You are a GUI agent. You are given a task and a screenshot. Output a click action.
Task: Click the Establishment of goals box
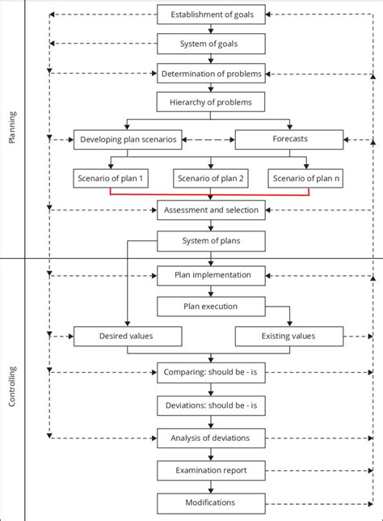(x=210, y=15)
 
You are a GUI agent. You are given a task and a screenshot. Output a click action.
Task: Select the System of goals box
(x=210, y=44)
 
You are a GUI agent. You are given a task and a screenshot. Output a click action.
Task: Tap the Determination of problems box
(x=210, y=74)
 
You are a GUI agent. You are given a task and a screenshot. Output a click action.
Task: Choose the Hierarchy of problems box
(x=210, y=103)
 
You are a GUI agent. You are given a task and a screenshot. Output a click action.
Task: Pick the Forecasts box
(x=288, y=139)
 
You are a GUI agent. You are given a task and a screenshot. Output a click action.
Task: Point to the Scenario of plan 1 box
(x=110, y=178)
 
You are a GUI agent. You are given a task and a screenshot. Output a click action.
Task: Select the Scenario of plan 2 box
(x=210, y=178)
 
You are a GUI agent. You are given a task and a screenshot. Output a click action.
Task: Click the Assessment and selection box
(x=210, y=210)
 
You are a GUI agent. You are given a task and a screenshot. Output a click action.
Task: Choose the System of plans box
(x=210, y=240)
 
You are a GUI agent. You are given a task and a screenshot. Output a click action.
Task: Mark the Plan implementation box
(x=210, y=275)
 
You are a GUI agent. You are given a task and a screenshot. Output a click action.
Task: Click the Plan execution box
(x=210, y=307)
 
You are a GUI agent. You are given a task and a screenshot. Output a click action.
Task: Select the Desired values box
(x=128, y=336)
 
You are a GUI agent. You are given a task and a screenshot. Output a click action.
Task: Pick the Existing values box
(x=288, y=336)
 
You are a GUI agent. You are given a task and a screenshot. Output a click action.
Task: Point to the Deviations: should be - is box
(x=210, y=405)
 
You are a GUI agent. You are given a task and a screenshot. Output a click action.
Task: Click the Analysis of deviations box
(x=210, y=438)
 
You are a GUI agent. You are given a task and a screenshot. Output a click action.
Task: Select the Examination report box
(x=210, y=470)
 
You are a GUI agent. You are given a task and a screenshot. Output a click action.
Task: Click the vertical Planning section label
(x=12, y=129)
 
